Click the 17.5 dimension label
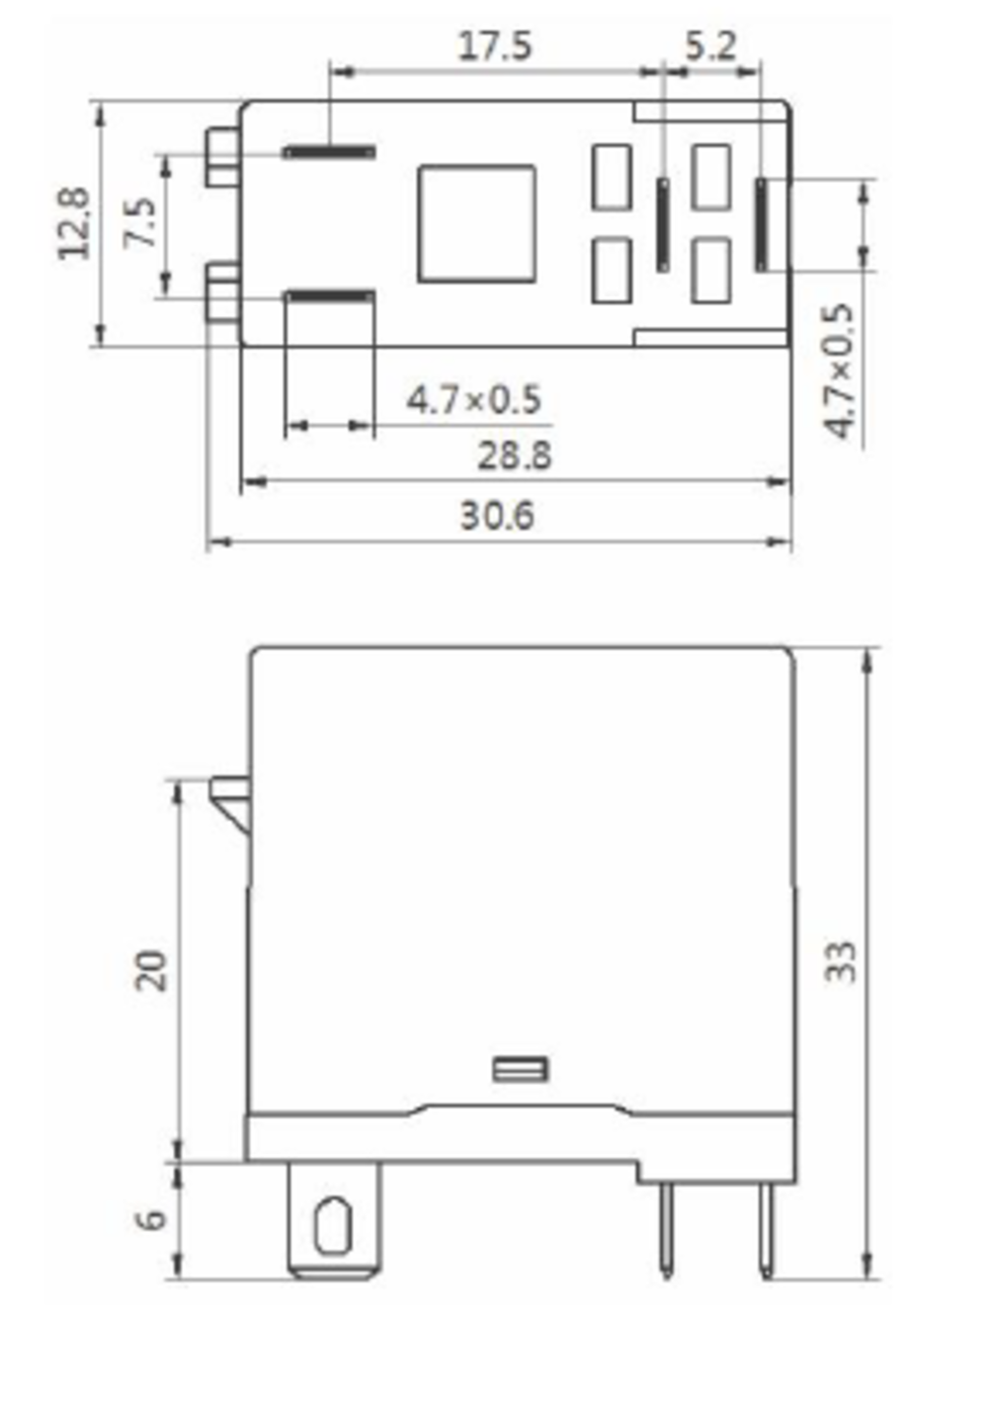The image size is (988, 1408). (x=495, y=46)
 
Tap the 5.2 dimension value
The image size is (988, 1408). (x=710, y=46)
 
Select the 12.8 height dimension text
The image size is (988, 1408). (x=75, y=223)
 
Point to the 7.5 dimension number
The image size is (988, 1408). (x=139, y=222)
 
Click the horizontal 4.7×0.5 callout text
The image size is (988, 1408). (x=473, y=400)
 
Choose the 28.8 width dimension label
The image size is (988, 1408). (x=514, y=456)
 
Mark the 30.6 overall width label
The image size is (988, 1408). (x=497, y=516)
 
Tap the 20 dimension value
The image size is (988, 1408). (x=152, y=971)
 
